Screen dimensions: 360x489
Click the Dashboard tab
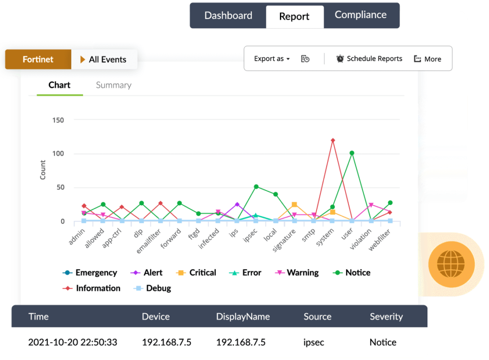pyautogui.click(x=228, y=15)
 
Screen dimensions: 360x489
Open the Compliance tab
pyautogui.click(x=361, y=15)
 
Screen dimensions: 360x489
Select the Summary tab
pyautogui.click(x=114, y=85)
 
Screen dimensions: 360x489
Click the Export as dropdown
pyautogui.click(x=272, y=59)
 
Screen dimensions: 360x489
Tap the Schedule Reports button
pyautogui.click(x=369, y=59)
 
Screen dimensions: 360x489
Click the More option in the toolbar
pyautogui.click(x=427, y=59)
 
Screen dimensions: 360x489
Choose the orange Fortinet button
pyautogui.click(x=38, y=60)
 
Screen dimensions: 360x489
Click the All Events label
pyautogui.click(x=104, y=60)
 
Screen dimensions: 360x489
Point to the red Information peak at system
pyautogui.click(x=333, y=140)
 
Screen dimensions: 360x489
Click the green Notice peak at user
pyautogui.click(x=352, y=153)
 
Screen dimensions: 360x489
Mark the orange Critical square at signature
pyautogui.click(x=295, y=204)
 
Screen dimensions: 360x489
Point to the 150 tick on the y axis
pyautogui.click(x=58, y=120)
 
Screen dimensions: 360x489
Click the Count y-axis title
pyautogui.click(x=43, y=170)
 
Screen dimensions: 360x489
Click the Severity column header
pyautogui.click(x=386, y=317)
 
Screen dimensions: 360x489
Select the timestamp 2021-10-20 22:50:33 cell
pyautogui.click(x=73, y=342)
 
